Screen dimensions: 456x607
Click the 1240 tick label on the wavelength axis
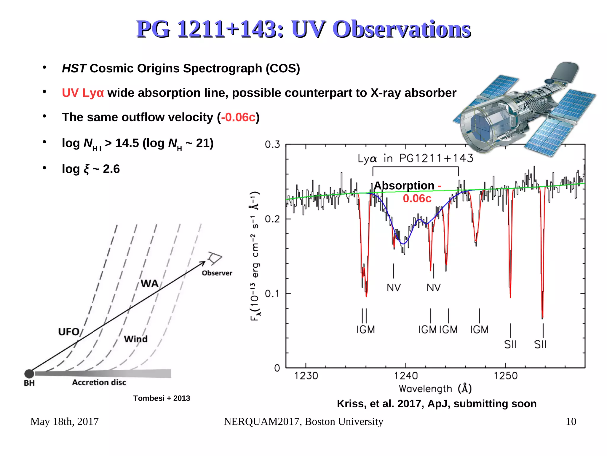(405, 376)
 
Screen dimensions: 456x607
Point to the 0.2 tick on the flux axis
(272, 219)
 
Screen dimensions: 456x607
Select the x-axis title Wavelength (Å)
(435, 389)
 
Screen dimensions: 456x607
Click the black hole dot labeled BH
(29, 374)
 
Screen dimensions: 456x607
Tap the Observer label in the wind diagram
(217, 273)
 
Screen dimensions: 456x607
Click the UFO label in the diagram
(69, 332)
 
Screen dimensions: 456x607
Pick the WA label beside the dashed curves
(149, 284)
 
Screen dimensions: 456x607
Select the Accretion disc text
(99, 382)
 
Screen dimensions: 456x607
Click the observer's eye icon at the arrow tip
(215, 258)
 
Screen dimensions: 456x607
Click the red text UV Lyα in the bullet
(83, 93)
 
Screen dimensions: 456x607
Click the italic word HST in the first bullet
(74, 69)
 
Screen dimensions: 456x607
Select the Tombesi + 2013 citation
(162, 398)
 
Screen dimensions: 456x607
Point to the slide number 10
(571, 422)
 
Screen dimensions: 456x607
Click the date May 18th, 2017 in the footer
(64, 422)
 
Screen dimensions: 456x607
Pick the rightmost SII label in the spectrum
(540, 344)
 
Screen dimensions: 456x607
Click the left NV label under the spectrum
(394, 287)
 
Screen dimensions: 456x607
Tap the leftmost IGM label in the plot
(365, 330)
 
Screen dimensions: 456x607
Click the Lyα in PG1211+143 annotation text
(415, 158)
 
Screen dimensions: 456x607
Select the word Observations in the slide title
(402, 29)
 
